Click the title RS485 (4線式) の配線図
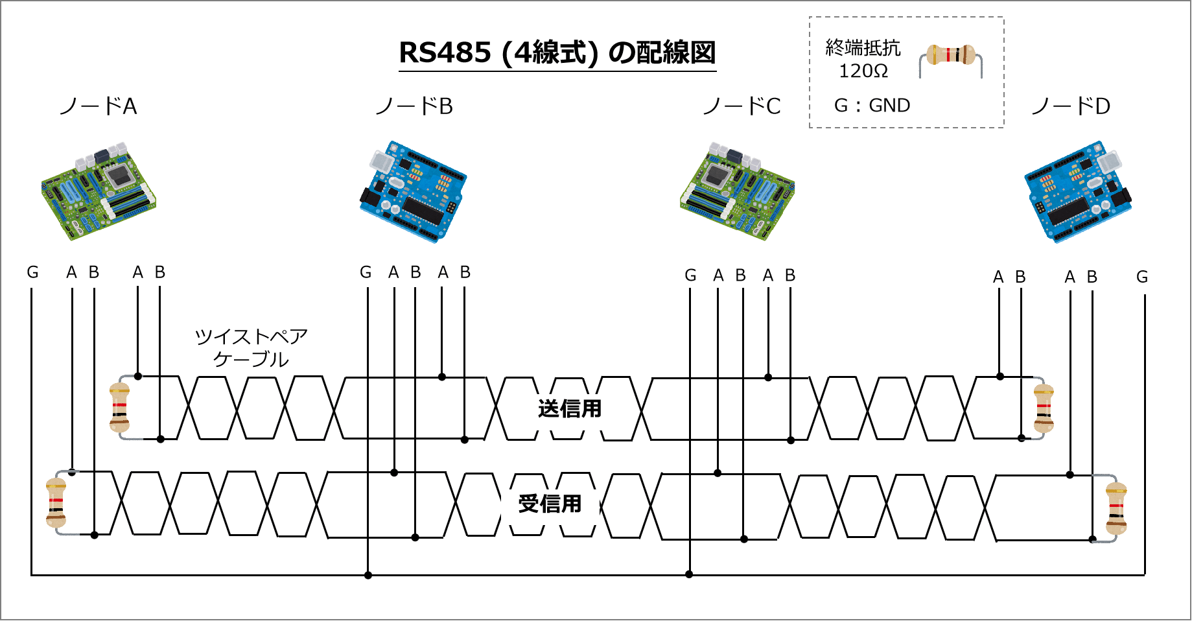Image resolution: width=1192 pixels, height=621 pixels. point(557,53)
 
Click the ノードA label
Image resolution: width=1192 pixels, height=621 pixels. point(98,106)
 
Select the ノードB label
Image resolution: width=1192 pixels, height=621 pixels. point(414,106)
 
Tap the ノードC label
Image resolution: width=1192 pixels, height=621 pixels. point(742,106)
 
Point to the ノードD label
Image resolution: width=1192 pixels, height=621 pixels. point(1071,106)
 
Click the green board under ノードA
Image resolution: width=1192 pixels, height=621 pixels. point(99,192)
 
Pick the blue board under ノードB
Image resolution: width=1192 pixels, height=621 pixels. point(413,192)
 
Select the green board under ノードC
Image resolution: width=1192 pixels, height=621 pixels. point(738,192)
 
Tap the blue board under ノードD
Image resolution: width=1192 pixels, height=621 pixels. point(1078,192)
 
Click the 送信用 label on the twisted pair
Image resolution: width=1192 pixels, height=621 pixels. point(570,409)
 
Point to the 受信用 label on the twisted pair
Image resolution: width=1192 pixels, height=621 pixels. point(550,504)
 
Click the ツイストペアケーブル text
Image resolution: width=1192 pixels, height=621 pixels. point(251,347)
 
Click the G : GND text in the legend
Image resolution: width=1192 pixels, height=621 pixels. point(872,106)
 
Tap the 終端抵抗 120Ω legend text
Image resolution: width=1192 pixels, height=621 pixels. point(863,59)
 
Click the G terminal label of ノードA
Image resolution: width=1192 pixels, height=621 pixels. point(33,272)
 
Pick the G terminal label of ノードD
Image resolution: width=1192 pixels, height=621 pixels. point(1142,277)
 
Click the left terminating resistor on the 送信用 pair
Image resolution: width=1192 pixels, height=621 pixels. point(120,408)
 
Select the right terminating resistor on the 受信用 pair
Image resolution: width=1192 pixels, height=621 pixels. point(1116,508)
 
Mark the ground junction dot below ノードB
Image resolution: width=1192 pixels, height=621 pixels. point(368,575)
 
